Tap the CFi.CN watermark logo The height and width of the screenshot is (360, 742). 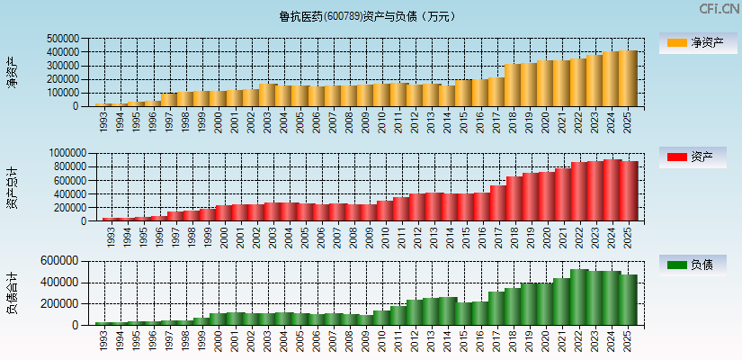coord(719,9)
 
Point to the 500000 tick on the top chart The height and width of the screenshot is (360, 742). coord(63,39)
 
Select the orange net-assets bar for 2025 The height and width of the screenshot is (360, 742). coord(627,78)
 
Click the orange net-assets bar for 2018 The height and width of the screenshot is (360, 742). coord(513,85)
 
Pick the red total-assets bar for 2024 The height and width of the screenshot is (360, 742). coord(612,190)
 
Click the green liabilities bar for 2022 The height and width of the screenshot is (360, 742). coord(579,297)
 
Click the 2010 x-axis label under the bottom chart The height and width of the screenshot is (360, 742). coord(381,341)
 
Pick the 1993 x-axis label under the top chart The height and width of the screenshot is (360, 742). coord(104,121)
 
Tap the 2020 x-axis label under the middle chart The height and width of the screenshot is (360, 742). coord(546,237)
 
